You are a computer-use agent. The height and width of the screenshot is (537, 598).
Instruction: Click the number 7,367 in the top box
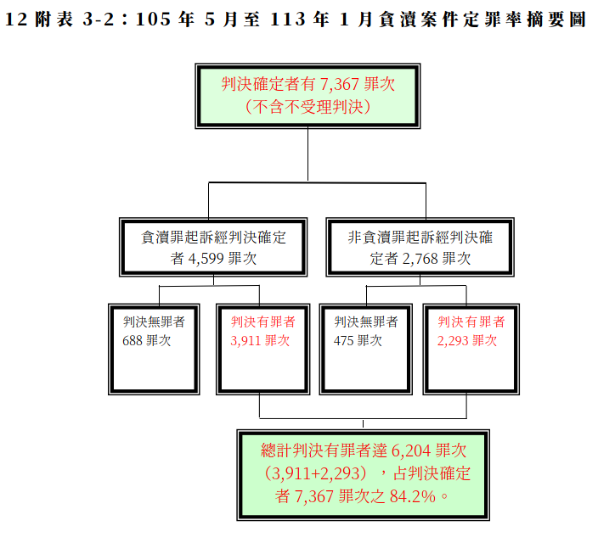340,84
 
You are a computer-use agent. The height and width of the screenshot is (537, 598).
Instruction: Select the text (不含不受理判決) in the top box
307,107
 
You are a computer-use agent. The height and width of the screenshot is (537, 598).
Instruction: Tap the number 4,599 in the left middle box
206,259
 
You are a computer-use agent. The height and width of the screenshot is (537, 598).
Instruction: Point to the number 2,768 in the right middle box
420,259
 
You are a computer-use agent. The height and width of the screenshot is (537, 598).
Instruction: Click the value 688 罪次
146,340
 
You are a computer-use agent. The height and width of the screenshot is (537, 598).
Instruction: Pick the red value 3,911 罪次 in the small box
260,340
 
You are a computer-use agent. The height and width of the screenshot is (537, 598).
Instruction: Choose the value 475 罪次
358,340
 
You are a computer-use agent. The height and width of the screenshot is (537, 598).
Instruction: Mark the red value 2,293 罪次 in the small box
467,340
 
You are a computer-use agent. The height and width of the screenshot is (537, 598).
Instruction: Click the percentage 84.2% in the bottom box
412,496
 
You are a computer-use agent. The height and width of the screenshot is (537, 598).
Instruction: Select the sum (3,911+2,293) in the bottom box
316,473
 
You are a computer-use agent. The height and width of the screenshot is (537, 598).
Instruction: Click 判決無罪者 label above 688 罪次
154,322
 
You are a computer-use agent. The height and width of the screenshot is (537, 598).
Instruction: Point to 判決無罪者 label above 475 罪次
366,322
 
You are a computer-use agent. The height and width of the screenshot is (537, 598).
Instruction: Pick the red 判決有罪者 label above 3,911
262,322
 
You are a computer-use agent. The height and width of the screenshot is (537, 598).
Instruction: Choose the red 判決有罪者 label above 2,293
471,322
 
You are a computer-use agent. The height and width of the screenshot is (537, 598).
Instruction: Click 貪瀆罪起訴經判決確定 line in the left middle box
213,238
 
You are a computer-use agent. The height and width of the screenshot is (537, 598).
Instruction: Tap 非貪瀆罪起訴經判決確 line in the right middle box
420,238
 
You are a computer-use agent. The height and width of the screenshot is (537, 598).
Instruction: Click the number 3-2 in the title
98,20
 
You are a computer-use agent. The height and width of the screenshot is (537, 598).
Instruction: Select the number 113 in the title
288,20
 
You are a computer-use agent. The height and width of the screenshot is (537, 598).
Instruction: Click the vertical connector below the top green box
307,154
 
